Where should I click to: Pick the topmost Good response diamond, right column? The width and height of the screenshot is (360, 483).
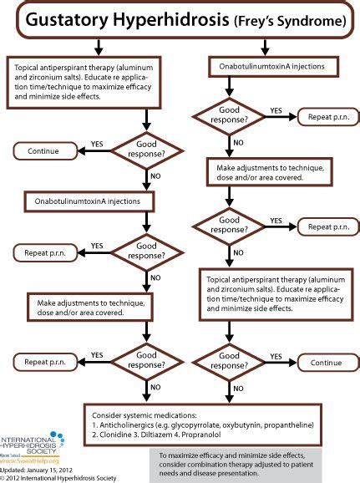(x=230, y=112)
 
